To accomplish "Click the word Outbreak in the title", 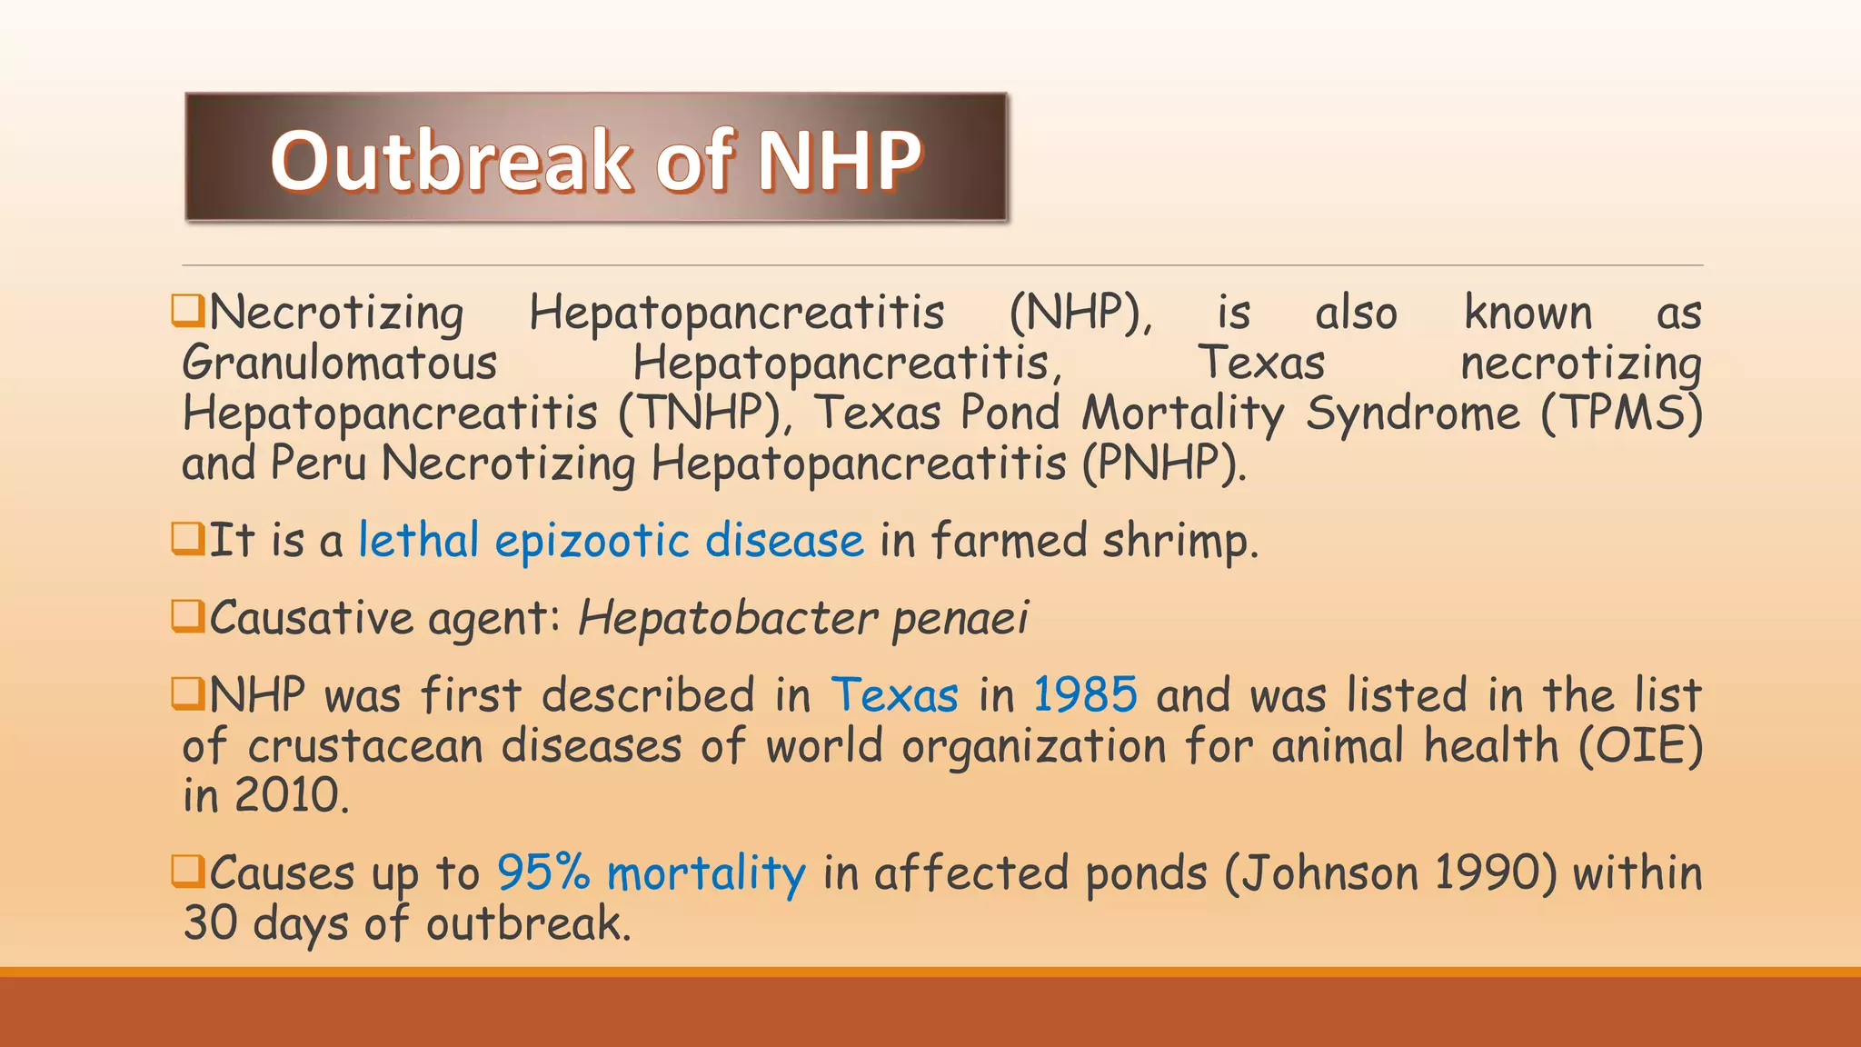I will point(450,161).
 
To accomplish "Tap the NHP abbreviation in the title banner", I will point(840,161).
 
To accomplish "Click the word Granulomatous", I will point(339,364).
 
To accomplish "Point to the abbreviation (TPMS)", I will point(1621,414).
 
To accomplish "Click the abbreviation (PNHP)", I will point(1163,464).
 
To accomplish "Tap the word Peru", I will point(318,464).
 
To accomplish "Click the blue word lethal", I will point(418,541).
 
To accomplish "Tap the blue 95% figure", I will point(543,873).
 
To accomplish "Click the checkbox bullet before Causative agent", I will point(187,616).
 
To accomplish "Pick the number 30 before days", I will point(210,923).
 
